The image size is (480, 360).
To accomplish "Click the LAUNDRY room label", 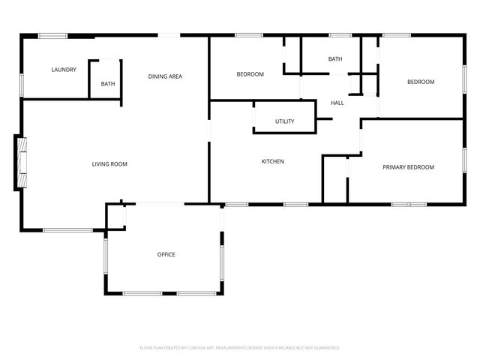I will (x=64, y=70).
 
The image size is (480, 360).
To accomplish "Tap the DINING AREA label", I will (x=165, y=76).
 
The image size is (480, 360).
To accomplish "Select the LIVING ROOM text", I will (x=109, y=163).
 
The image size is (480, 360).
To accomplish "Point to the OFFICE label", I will (x=166, y=254).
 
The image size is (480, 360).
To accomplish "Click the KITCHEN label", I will (x=272, y=161).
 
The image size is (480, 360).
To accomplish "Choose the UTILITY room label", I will (x=284, y=121).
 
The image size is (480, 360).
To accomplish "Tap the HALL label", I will (x=337, y=103).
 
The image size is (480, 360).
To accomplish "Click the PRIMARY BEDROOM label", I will (x=408, y=167).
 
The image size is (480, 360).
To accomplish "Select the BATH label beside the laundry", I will (x=108, y=83).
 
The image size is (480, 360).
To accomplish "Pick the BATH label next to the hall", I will (x=334, y=59).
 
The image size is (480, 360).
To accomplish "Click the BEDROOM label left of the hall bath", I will (x=250, y=73).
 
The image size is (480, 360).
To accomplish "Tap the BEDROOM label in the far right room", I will (x=421, y=82).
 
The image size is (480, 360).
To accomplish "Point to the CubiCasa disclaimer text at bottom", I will (x=240, y=347).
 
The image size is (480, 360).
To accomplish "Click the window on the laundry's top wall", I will (x=53, y=35).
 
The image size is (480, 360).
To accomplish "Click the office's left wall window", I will (x=106, y=256).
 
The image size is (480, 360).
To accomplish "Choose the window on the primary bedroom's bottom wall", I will (x=409, y=203).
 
